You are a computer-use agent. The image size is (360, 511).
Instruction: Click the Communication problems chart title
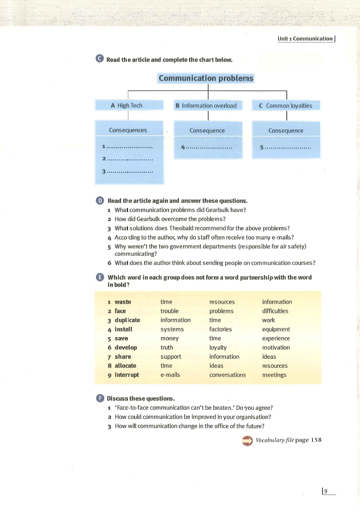[206, 78]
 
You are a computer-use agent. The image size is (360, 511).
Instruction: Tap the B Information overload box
[209, 105]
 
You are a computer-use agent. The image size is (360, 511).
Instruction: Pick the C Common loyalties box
[285, 105]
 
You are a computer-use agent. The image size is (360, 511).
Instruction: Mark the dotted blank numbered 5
[288, 147]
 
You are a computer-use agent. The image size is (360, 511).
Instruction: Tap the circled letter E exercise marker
[100, 277]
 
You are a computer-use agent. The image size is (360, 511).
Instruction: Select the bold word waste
[123, 302]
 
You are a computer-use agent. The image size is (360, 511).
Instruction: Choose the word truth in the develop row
[167, 347]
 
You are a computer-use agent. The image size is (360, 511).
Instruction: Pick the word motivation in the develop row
[276, 347]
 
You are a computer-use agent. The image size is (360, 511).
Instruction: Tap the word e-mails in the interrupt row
[170, 375]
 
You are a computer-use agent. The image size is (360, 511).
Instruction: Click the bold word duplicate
[127, 320]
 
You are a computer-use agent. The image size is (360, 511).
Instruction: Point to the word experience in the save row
[276, 338]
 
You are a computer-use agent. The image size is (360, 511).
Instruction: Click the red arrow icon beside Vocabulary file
[247, 441]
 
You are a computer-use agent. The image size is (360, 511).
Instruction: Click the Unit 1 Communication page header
[305, 39]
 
